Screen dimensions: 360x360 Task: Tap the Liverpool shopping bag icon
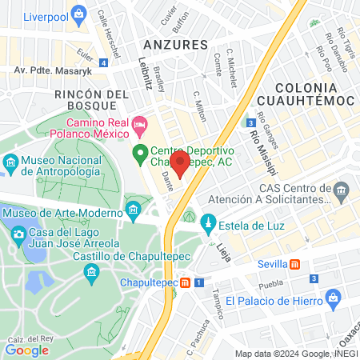click(x=78, y=14)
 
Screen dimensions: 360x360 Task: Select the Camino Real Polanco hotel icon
click(x=140, y=123)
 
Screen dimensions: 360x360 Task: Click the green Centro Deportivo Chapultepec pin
click(x=139, y=152)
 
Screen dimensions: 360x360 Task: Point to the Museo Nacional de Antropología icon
click(x=10, y=166)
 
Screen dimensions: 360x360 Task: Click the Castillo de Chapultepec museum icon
click(x=91, y=273)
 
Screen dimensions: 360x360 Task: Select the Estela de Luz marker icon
click(x=209, y=222)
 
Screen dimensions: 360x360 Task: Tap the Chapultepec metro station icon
click(x=186, y=282)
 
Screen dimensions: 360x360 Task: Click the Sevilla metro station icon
click(x=295, y=264)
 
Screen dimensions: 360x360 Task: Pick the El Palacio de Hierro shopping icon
click(x=334, y=301)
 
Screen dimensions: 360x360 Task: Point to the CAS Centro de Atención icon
click(x=342, y=191)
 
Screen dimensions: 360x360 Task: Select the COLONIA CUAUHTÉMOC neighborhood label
click(x=314, y=94)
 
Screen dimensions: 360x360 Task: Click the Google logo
click(x=27, y=349)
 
